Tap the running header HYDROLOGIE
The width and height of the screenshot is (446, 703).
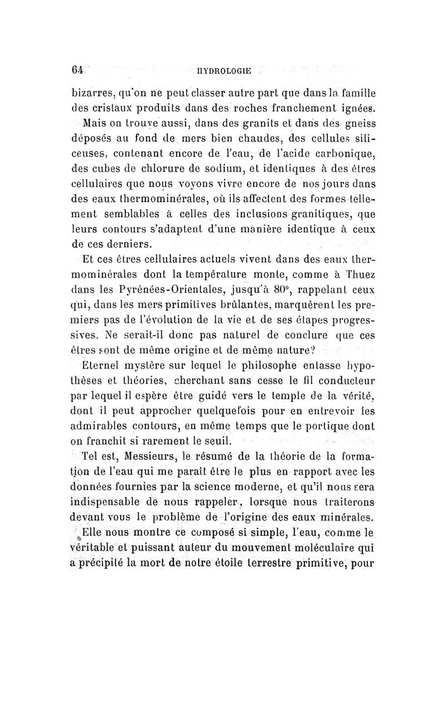pyautogui.click(x=226, y=71)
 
